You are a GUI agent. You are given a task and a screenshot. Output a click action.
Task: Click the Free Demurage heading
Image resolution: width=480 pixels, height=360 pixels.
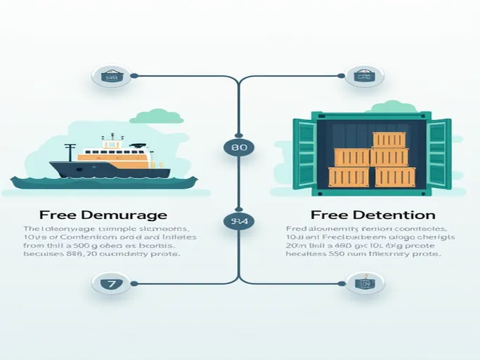(103, 215)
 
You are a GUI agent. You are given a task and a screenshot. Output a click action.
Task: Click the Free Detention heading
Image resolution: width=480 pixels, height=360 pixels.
(373, 215)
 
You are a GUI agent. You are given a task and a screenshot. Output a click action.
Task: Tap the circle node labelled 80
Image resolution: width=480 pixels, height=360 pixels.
(239, 148)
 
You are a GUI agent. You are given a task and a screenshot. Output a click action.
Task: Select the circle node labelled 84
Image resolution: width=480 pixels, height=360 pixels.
(239, 222)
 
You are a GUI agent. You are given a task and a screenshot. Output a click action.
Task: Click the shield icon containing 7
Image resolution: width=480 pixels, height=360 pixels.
(112, 284)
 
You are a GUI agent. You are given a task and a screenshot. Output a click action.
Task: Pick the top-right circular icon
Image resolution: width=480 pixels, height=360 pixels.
(363, 75)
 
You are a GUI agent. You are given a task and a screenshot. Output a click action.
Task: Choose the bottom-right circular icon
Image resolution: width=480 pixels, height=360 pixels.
(364, 284)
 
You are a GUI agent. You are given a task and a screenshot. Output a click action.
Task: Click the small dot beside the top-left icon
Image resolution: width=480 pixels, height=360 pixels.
(135, 75)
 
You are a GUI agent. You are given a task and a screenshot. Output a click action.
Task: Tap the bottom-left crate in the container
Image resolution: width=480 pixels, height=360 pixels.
(349, 177)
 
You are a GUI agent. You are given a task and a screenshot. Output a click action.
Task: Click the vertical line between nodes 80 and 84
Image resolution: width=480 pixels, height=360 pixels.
(239, 185)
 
